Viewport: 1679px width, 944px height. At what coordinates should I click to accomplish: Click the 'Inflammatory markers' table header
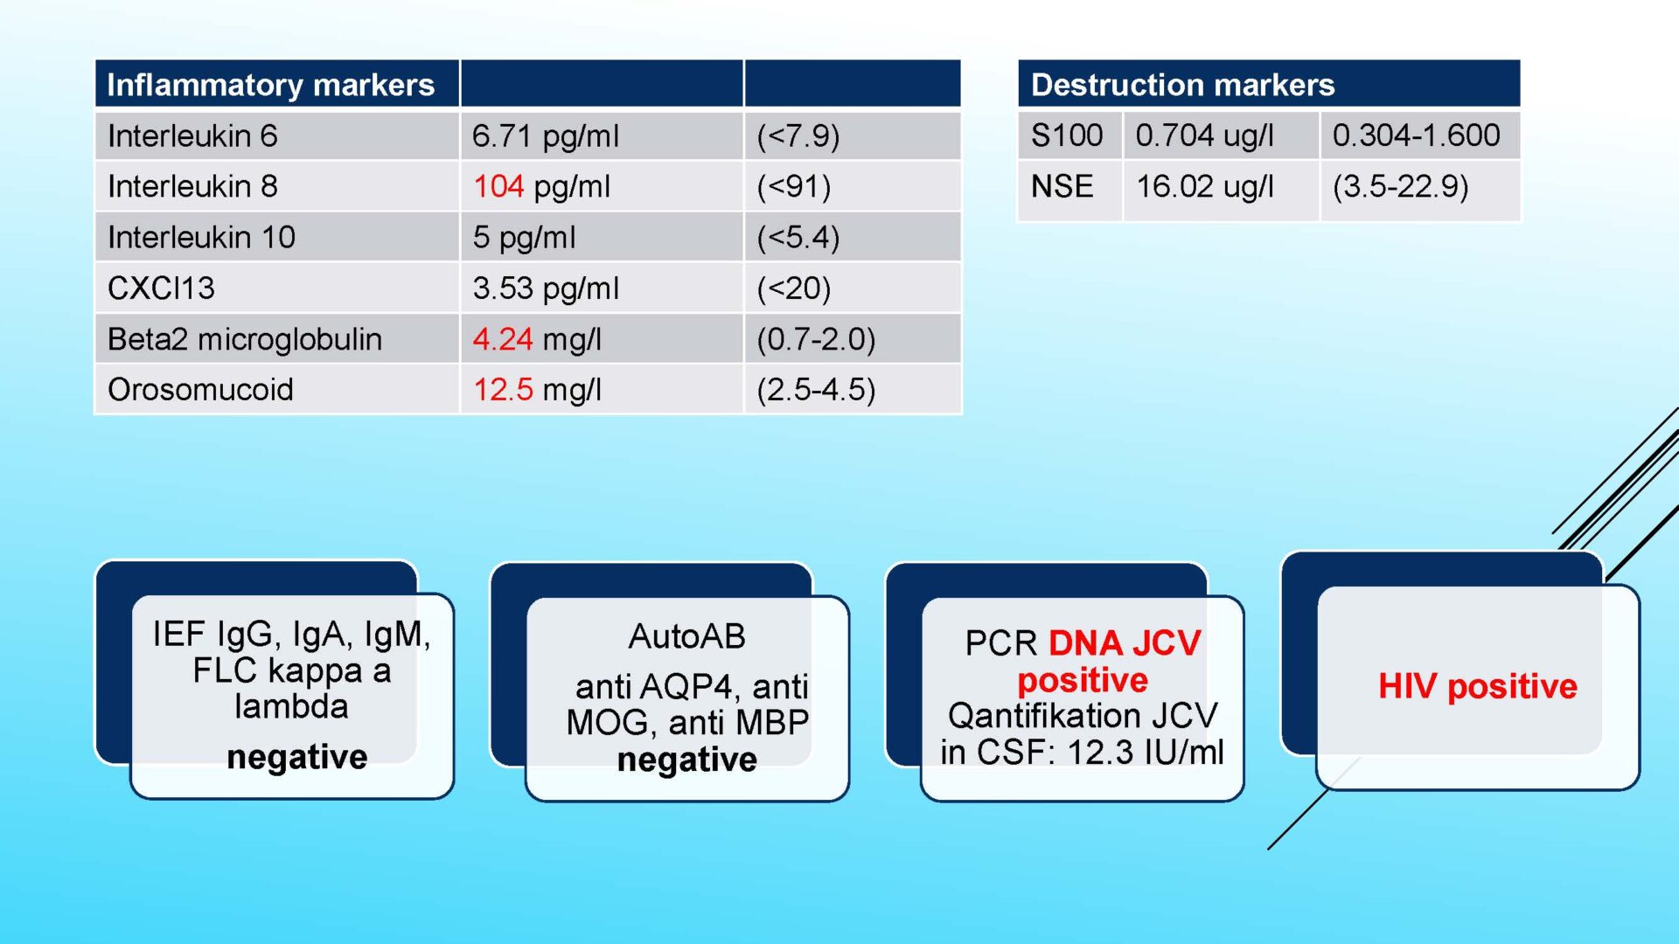pos(270,85)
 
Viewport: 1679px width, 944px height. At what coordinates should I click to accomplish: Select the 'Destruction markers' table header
pos(1182,85)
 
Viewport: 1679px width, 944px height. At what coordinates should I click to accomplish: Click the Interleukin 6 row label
pos(192,135)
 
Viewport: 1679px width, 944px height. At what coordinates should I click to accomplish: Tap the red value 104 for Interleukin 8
pos(498,186)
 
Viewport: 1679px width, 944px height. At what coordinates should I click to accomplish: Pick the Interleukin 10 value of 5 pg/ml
pos(524,237)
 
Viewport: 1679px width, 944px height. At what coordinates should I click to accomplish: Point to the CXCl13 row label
pos(161,288)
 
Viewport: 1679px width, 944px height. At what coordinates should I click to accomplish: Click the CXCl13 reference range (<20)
pos(794,288)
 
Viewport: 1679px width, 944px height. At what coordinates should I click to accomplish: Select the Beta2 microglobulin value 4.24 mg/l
pos(537,338)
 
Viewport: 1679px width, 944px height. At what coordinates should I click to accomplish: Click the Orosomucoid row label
pos(200,389)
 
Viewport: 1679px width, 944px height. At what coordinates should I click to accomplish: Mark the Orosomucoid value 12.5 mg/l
pos(537,389)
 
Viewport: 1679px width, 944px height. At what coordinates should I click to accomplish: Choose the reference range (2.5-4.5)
pos(816,389)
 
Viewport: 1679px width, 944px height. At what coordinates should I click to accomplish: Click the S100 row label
pos(1067,135)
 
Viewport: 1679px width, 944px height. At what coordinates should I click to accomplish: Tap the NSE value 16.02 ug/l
pos(1204,186)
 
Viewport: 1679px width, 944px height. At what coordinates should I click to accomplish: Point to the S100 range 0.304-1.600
pos(1416,135)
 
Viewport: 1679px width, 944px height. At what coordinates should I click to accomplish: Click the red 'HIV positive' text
pos(1478,686)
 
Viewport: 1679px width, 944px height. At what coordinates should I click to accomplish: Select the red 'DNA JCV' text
pos(1125,642)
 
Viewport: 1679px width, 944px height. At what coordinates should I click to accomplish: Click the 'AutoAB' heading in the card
pos(686,636)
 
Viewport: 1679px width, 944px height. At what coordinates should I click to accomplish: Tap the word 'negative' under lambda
pos(296,757)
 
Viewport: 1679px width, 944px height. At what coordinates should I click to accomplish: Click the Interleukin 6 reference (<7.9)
pos(798,135)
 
